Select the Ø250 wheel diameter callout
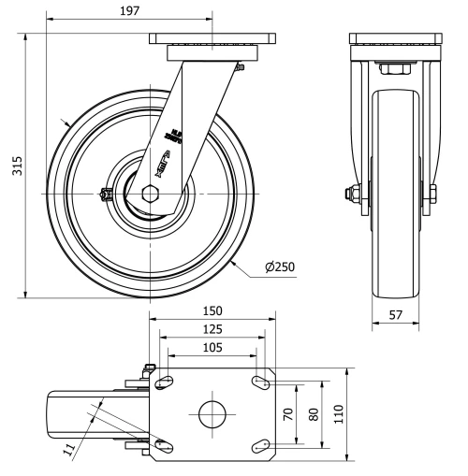(280, 267)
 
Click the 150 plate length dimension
(212, 310)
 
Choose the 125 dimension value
(212, 329)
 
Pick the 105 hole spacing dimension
(212, 348)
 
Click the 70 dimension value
(291, 412)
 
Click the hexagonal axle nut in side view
(152, 193)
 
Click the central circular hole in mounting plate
(212, 412)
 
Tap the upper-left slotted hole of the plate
(165, 382)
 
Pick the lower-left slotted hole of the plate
(165, 444)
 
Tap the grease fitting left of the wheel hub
(105, 194)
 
